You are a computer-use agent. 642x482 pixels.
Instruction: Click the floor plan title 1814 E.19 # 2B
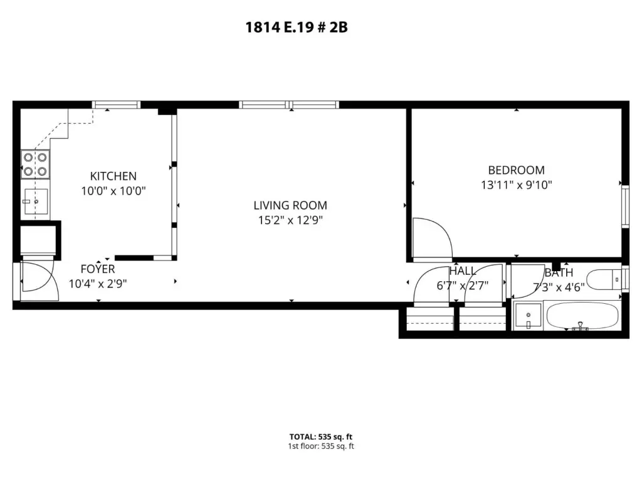(x=297, y=28)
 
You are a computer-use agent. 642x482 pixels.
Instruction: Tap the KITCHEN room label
(x=113, y=176)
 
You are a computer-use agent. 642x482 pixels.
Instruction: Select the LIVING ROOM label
(x=290, y=205)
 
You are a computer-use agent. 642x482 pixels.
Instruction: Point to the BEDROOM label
(x=517, y=170)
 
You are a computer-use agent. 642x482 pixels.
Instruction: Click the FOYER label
(x=98, y=269)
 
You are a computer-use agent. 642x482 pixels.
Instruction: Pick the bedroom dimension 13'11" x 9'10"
(x=517, y=185)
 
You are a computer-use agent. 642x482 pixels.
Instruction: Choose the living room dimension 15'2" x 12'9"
(x=290, y=220)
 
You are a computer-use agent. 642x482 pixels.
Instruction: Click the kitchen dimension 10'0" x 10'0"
(x=113, y=191)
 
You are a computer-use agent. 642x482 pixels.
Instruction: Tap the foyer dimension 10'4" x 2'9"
(x=98, y=284)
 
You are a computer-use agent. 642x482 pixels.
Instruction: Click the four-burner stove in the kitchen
(x=35, y=164)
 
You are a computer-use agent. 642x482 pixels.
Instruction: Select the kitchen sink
(x=36, y=201)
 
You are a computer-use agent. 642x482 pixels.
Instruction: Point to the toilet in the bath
(x=604, y=280)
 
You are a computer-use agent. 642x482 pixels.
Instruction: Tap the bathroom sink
(x=528, y=315)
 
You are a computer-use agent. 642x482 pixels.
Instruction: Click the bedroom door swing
(x=433, y=239)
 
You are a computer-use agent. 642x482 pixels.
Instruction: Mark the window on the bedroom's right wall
(x=625, y=206)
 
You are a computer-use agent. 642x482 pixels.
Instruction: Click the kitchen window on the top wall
(x=116, y=105)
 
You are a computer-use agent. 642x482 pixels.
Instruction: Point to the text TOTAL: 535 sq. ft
(x=320, y=437)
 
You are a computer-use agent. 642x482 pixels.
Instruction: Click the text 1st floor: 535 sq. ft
(x=320, y=446)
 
